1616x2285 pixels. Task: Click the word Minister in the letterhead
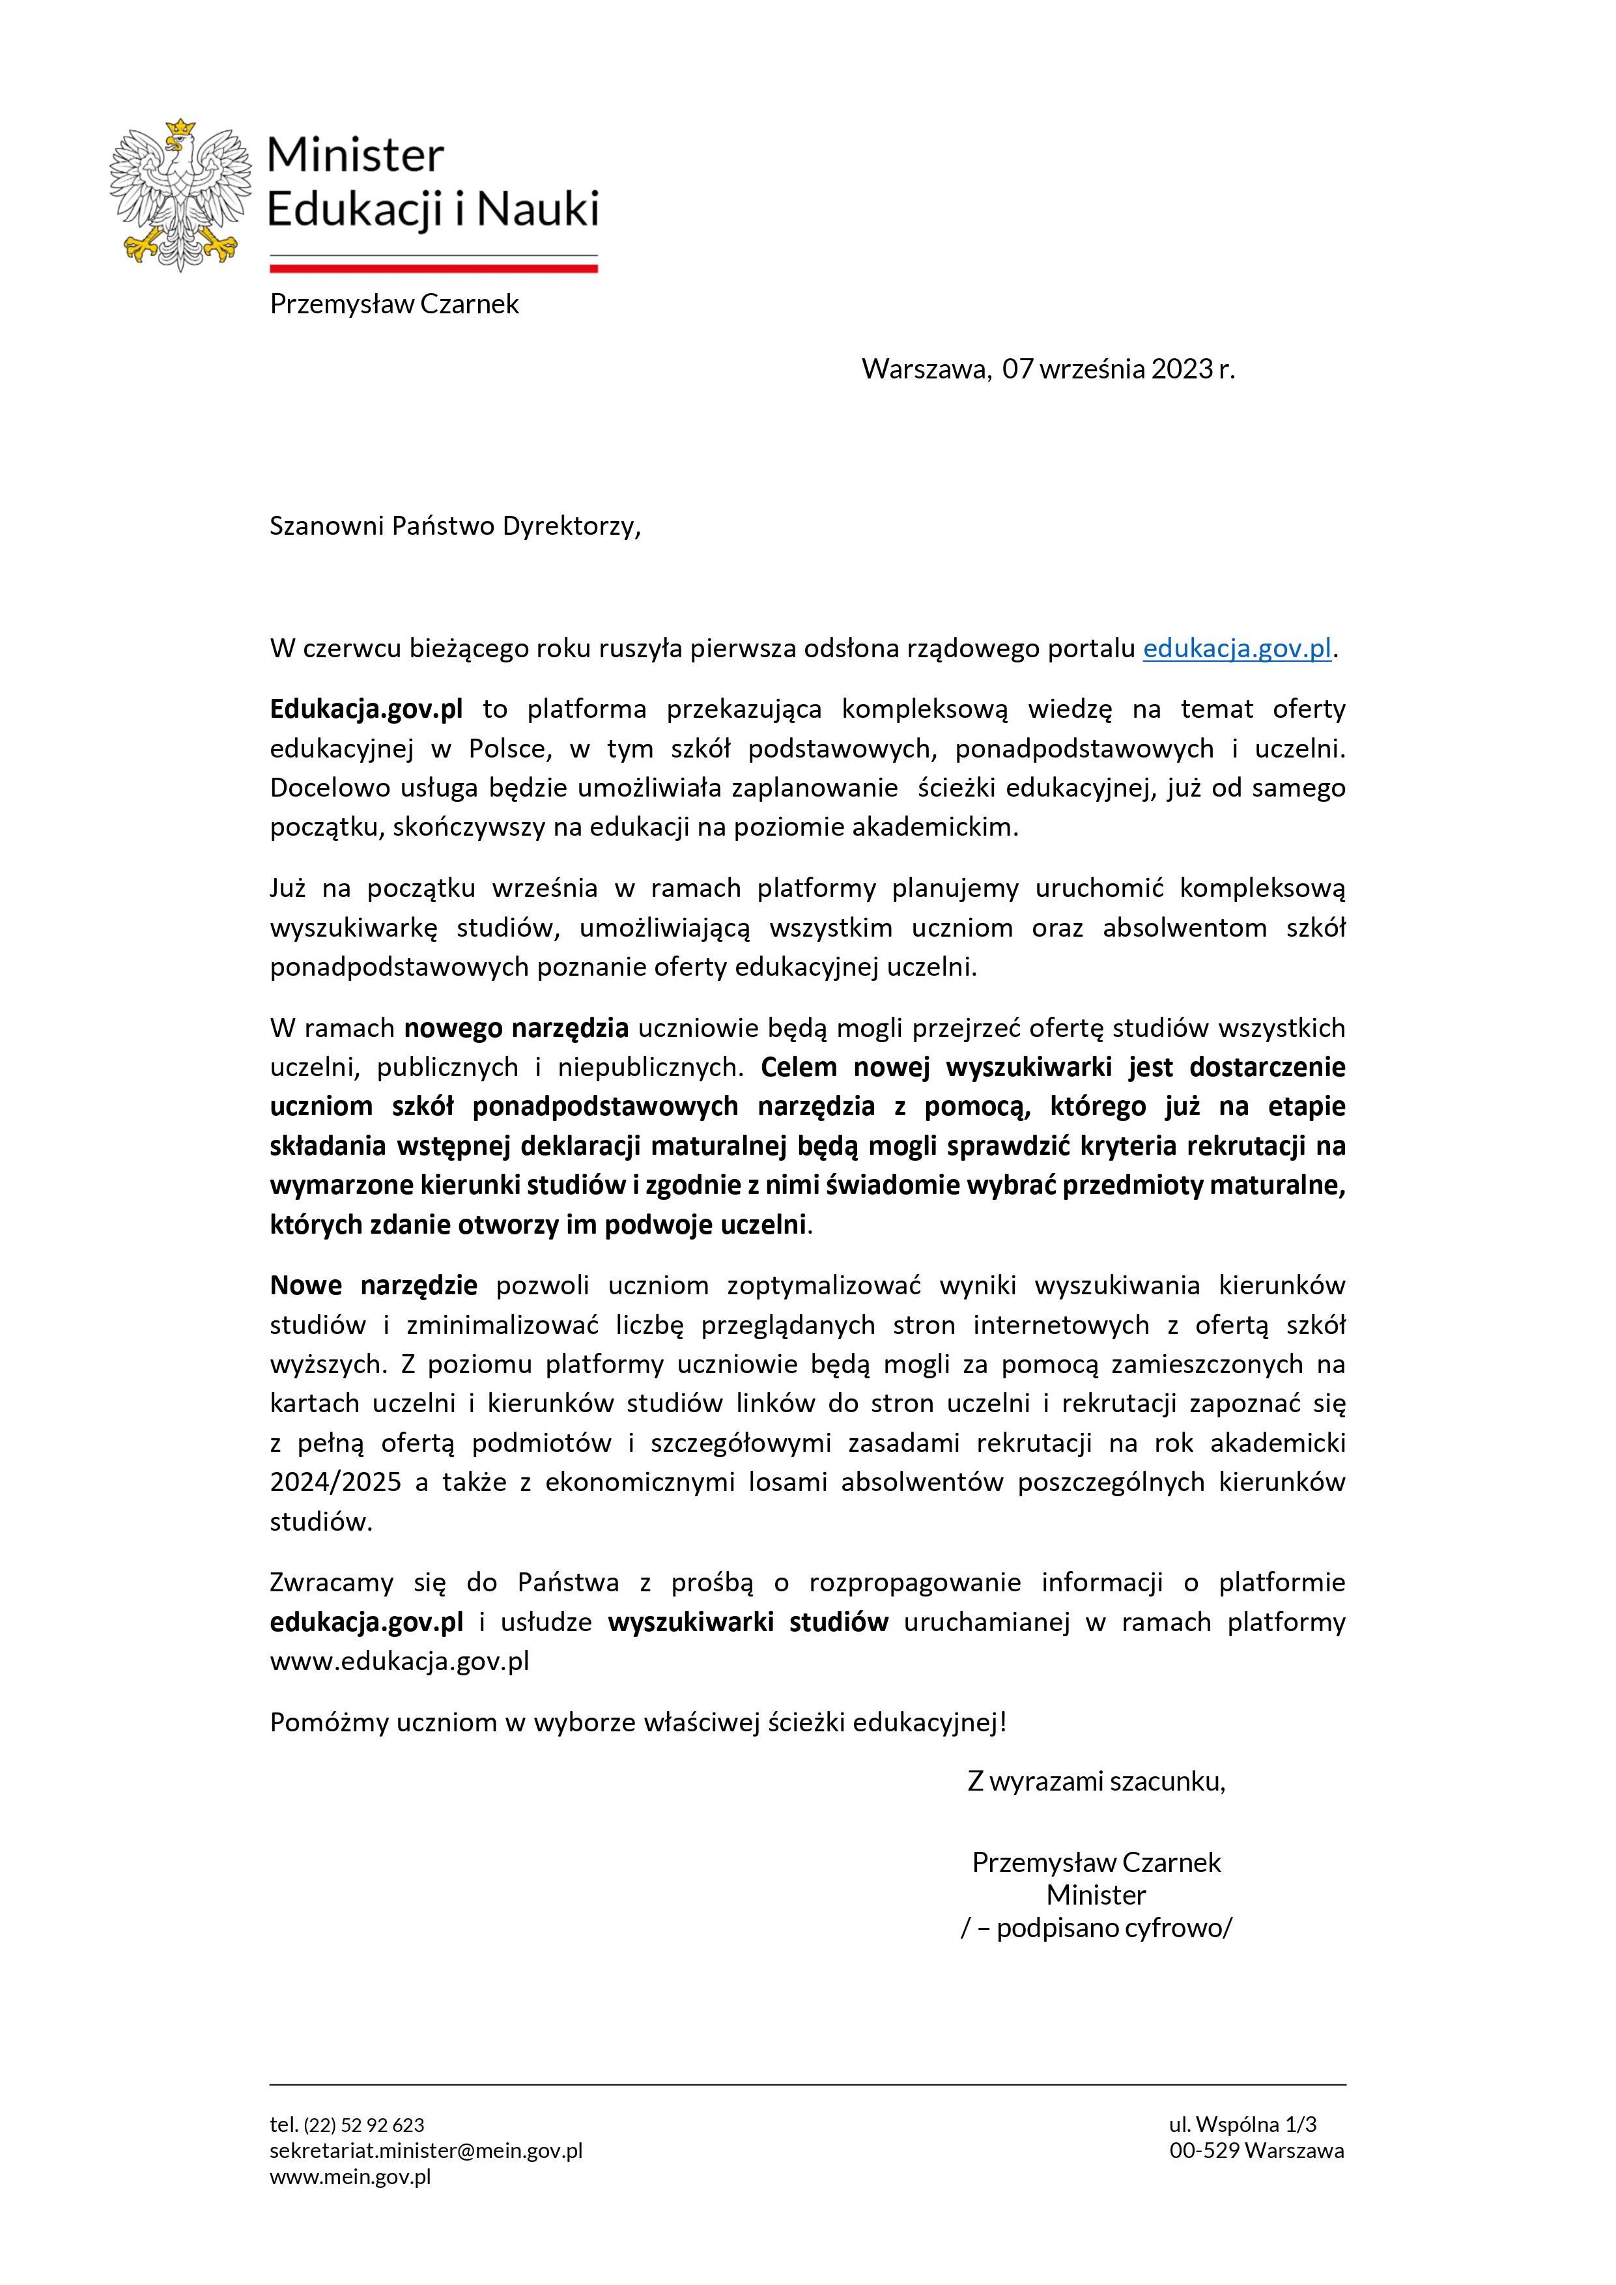coord(355,155)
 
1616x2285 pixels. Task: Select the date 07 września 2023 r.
coord(1118,369)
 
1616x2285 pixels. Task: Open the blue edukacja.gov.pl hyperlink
coord(1237,649)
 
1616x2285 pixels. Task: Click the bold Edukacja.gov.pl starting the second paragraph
coord(366,709)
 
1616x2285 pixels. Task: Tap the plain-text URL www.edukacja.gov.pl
coord(399,1661)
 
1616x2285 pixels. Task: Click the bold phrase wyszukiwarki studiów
coord(747,1622)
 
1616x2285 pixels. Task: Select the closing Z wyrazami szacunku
coord(1096,1781)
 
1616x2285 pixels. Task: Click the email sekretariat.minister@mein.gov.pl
coord(426,2151)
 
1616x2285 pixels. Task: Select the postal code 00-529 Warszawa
coord(1256,2151)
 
